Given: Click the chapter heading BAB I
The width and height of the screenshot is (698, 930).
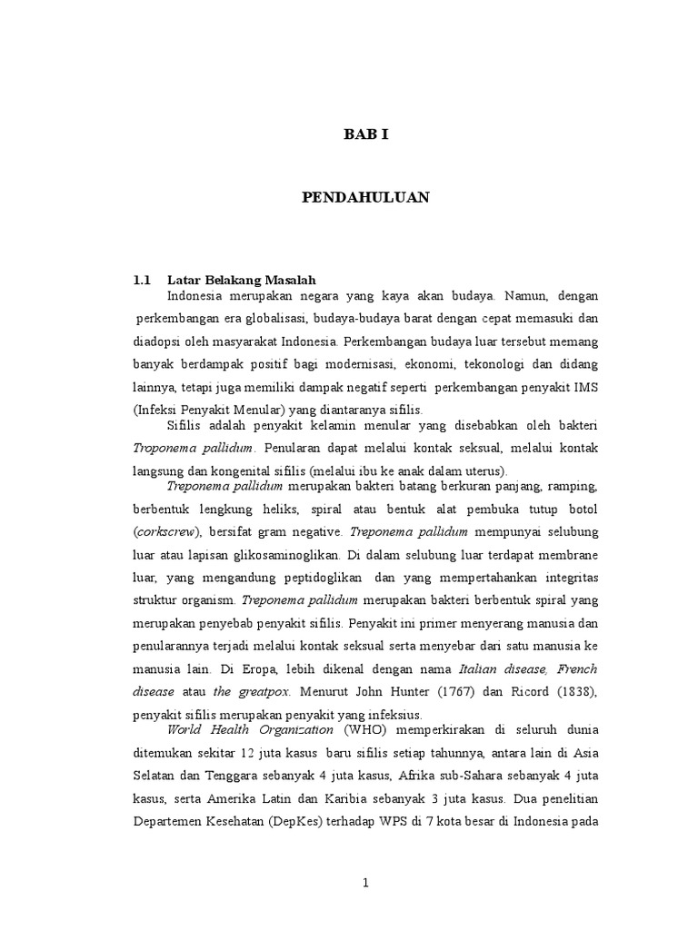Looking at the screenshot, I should coord(365,134).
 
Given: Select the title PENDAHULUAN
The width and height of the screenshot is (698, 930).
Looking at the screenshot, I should coord(365,197).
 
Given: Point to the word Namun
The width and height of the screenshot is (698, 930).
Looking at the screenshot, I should coord(524,296).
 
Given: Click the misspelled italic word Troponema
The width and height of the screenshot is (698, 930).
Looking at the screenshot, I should coord(163,448).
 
